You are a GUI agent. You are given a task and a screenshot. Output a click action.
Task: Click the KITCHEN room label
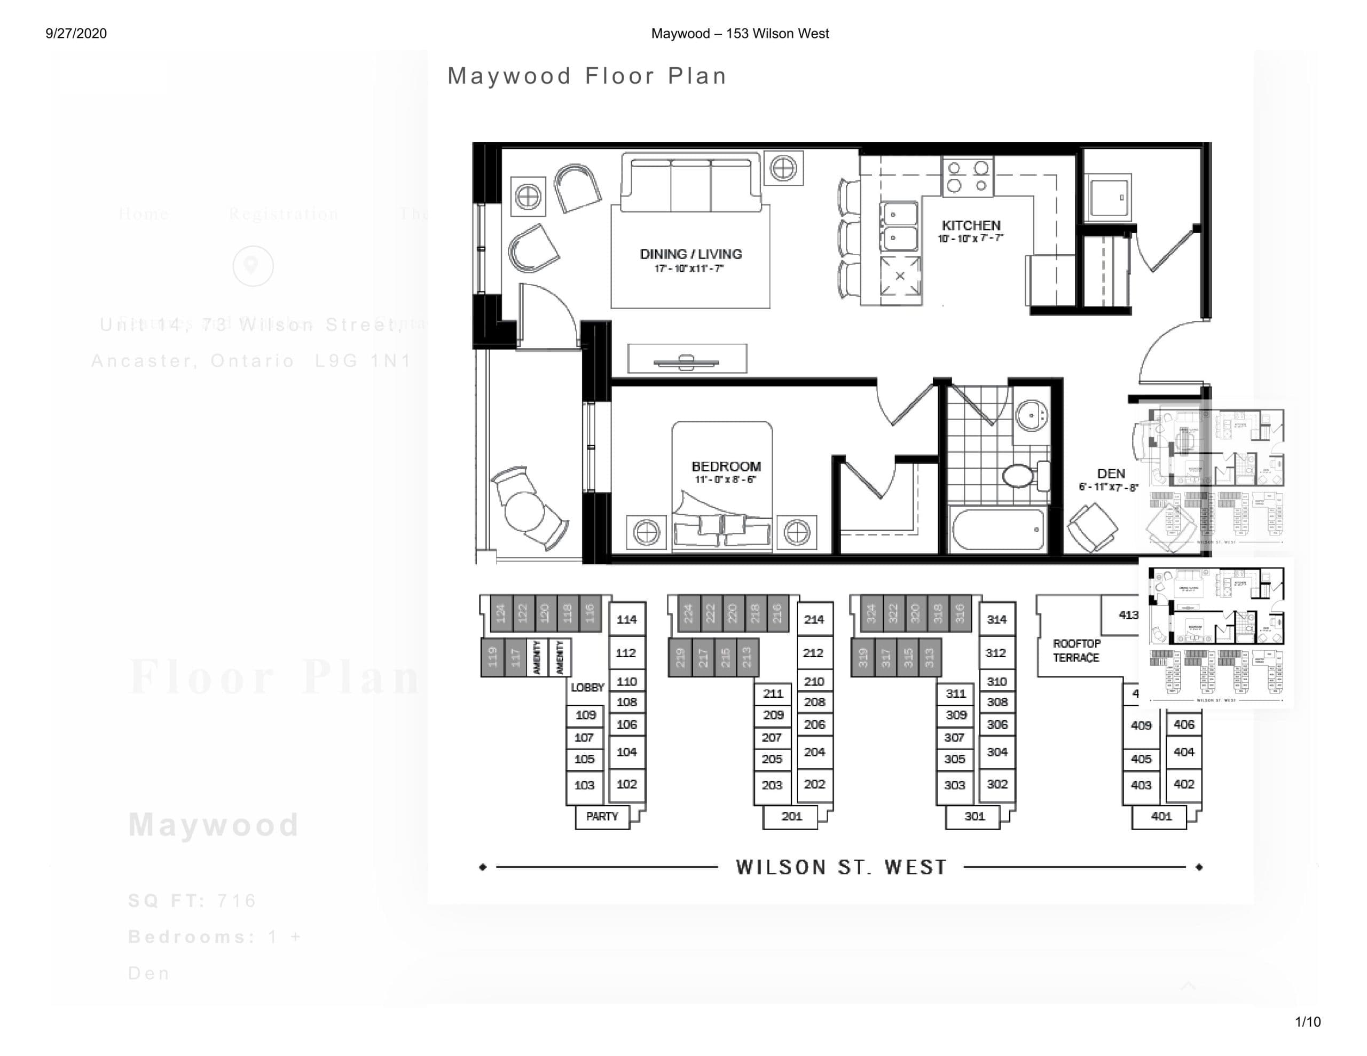coord(971,225)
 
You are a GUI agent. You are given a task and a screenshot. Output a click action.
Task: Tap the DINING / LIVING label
coord(690,254)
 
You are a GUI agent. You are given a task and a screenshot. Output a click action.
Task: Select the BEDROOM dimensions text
coord(726,480)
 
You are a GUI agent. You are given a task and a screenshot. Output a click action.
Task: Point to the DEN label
coord(1111,474)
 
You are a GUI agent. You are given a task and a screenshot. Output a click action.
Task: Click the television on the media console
coord(686,361)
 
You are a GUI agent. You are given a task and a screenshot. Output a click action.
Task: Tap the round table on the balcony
coord(524,511)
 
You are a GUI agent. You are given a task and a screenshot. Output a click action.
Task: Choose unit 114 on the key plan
coord(626,620)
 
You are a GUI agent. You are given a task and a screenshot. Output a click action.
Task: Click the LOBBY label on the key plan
coord(587,687)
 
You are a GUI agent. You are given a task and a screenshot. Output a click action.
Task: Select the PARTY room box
coord(601,816)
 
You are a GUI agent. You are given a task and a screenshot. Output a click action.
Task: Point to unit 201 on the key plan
coord(791,816)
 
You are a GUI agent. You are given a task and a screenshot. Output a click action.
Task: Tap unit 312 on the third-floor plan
coord(996,653)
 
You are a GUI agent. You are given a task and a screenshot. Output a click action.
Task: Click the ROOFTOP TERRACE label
coord(1076,650)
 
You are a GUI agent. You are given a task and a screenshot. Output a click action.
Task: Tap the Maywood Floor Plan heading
coord(586,76)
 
